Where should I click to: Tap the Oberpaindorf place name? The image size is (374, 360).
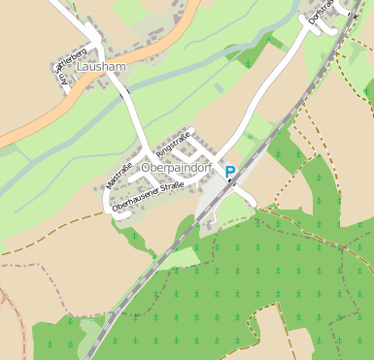pyautogui.click(x=176, y=168)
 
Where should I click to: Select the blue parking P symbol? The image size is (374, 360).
pyautogui.click(x=230, y=172)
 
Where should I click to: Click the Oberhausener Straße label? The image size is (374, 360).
pyautogui.click(x=148, y=194)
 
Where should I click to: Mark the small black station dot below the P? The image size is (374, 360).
pyautogui.click(x=230, y=182)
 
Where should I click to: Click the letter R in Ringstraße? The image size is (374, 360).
pyautogui.click(x=158, y=152)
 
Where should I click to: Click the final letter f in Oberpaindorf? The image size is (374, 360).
pyautogui.click(x=208, y=168)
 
